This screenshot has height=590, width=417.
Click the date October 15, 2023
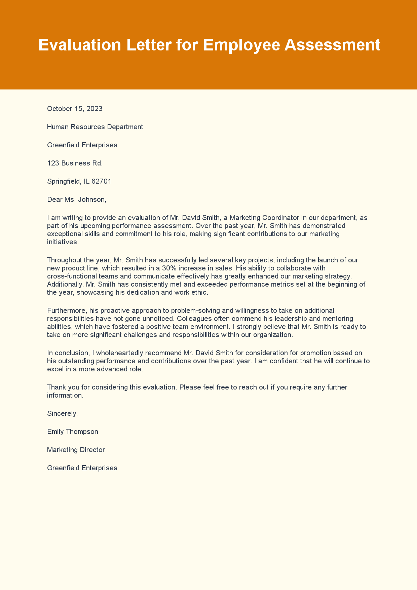75,109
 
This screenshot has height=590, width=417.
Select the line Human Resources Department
95,127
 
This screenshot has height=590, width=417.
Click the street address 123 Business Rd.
75,163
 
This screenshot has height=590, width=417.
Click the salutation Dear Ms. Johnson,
77,199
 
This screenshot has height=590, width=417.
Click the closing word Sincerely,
62,413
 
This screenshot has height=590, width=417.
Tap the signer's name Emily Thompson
73,432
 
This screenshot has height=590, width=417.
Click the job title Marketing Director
76,450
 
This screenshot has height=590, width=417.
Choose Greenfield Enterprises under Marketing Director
82,468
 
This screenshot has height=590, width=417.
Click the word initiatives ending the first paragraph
63,242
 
